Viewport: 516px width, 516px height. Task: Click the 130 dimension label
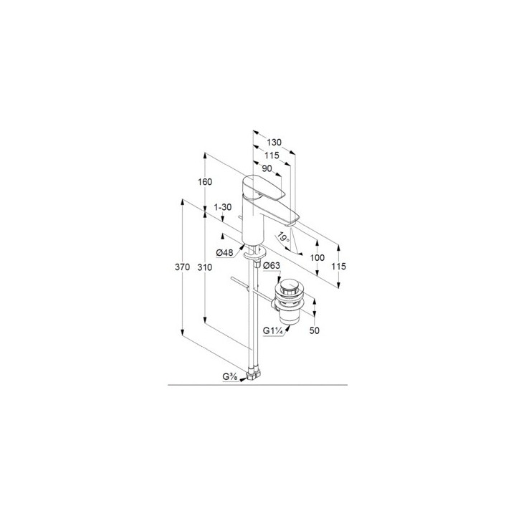pyautogui.click(x=274, y=142)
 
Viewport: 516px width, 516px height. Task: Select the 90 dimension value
pyautogui.click(x=267, y=168)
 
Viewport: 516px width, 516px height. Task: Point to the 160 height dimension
pyautogui.click(x=205, y=181)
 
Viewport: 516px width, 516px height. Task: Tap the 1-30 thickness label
pyautogui.click(x=223, y=207)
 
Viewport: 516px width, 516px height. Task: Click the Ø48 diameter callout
pyautogui.click(x=224, y=253)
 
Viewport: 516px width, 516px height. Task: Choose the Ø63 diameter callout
pyautogui.click(x=272, y=265)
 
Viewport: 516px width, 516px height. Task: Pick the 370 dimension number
pyautogui.click(x=182, y=267)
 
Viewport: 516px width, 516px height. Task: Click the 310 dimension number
pyautogui.click(x=205, y=267)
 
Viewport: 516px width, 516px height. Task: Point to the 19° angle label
pyautogui.click(x=283, y=237)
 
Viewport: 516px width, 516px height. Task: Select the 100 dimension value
pyautogui.click(x=317, y=258)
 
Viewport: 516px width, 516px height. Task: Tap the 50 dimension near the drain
pyautogui.click(x=315, y=330)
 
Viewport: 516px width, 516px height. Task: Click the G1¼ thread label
pyautogui.click(x=273, y=330)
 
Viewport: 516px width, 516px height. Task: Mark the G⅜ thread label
pyautogui.click(x=230, y=377)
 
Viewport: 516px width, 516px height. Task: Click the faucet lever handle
pyautogui.click(x=262, y=187)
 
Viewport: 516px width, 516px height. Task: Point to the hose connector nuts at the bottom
pyautogui.click(x=253, y=374)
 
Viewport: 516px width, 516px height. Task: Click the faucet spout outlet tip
pyautogui.click(x=291, y=224)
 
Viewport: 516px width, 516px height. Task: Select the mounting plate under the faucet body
pyautogui.click(x=255, y=254)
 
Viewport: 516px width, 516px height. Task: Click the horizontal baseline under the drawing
pyautogui.click(x=258, y=385)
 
